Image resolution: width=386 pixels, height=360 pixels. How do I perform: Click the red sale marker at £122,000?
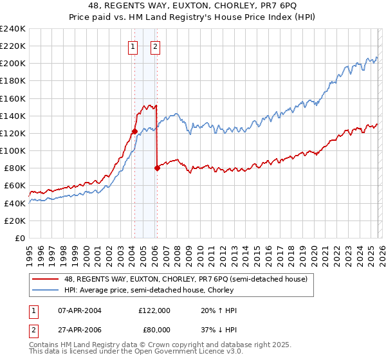tap(134, 131)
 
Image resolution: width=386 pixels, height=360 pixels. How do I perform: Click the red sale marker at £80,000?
tap(158, 168)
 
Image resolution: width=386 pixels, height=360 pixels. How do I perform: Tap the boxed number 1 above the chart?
tap(133, 46)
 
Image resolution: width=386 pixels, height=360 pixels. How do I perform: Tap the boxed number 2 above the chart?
tap(156, 46)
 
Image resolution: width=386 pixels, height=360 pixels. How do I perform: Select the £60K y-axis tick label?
tap(14, 186)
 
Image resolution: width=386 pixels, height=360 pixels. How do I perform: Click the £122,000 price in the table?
tap(154, 310)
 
